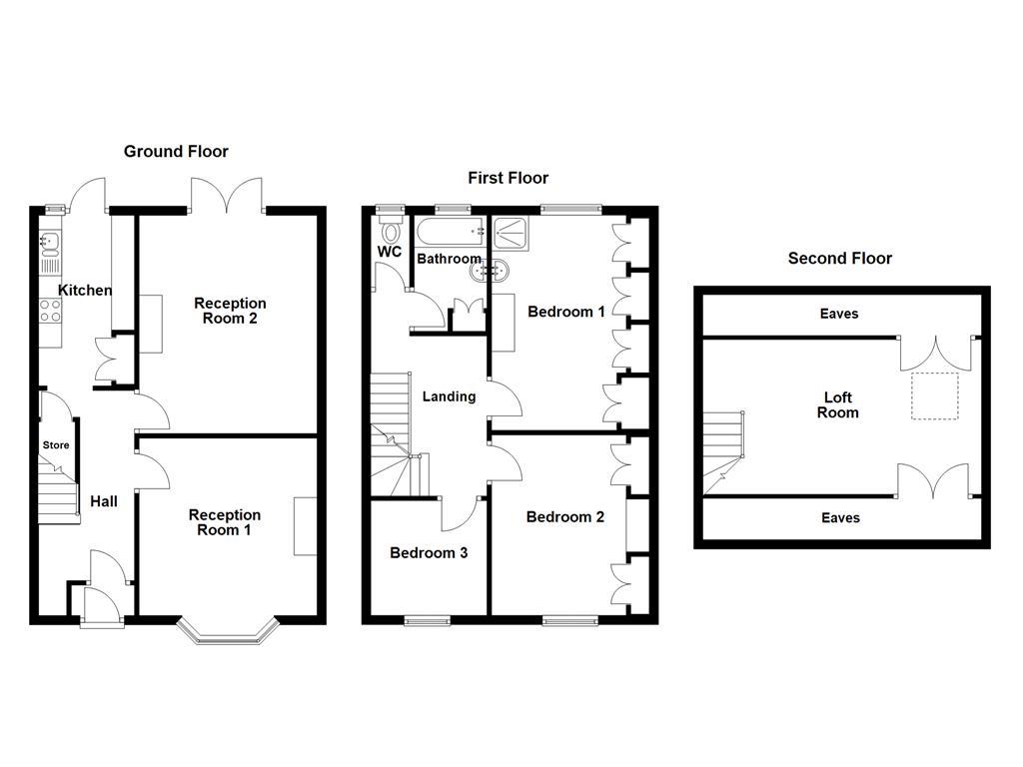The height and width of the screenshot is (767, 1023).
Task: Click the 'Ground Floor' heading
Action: [176, 152]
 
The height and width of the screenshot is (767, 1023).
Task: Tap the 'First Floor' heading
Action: [508, 178]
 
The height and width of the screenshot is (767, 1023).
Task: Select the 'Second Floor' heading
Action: [839, 258]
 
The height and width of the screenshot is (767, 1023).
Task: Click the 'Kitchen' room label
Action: [85, 291]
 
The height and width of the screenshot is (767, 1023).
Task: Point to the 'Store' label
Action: [56, 445]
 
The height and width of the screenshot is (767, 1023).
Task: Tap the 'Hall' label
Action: [104, 501]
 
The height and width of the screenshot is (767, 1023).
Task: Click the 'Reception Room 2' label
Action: [230, 311]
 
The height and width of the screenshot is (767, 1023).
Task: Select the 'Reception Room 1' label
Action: [225, 522]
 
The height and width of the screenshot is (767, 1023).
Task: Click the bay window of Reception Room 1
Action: [228, 631]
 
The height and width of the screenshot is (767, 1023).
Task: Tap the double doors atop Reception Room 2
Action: [228, 196]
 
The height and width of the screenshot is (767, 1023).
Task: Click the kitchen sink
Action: [50, 242]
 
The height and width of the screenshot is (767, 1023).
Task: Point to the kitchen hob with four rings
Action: [50, 311]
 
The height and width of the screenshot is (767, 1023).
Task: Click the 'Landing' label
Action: [449, 396]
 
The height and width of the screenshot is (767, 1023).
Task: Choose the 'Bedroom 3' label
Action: [429, 553]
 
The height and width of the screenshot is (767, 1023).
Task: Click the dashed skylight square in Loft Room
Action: [934, 396]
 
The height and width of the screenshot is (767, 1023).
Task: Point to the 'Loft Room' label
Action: [837, 405]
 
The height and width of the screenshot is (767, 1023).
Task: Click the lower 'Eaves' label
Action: [839, 518]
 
